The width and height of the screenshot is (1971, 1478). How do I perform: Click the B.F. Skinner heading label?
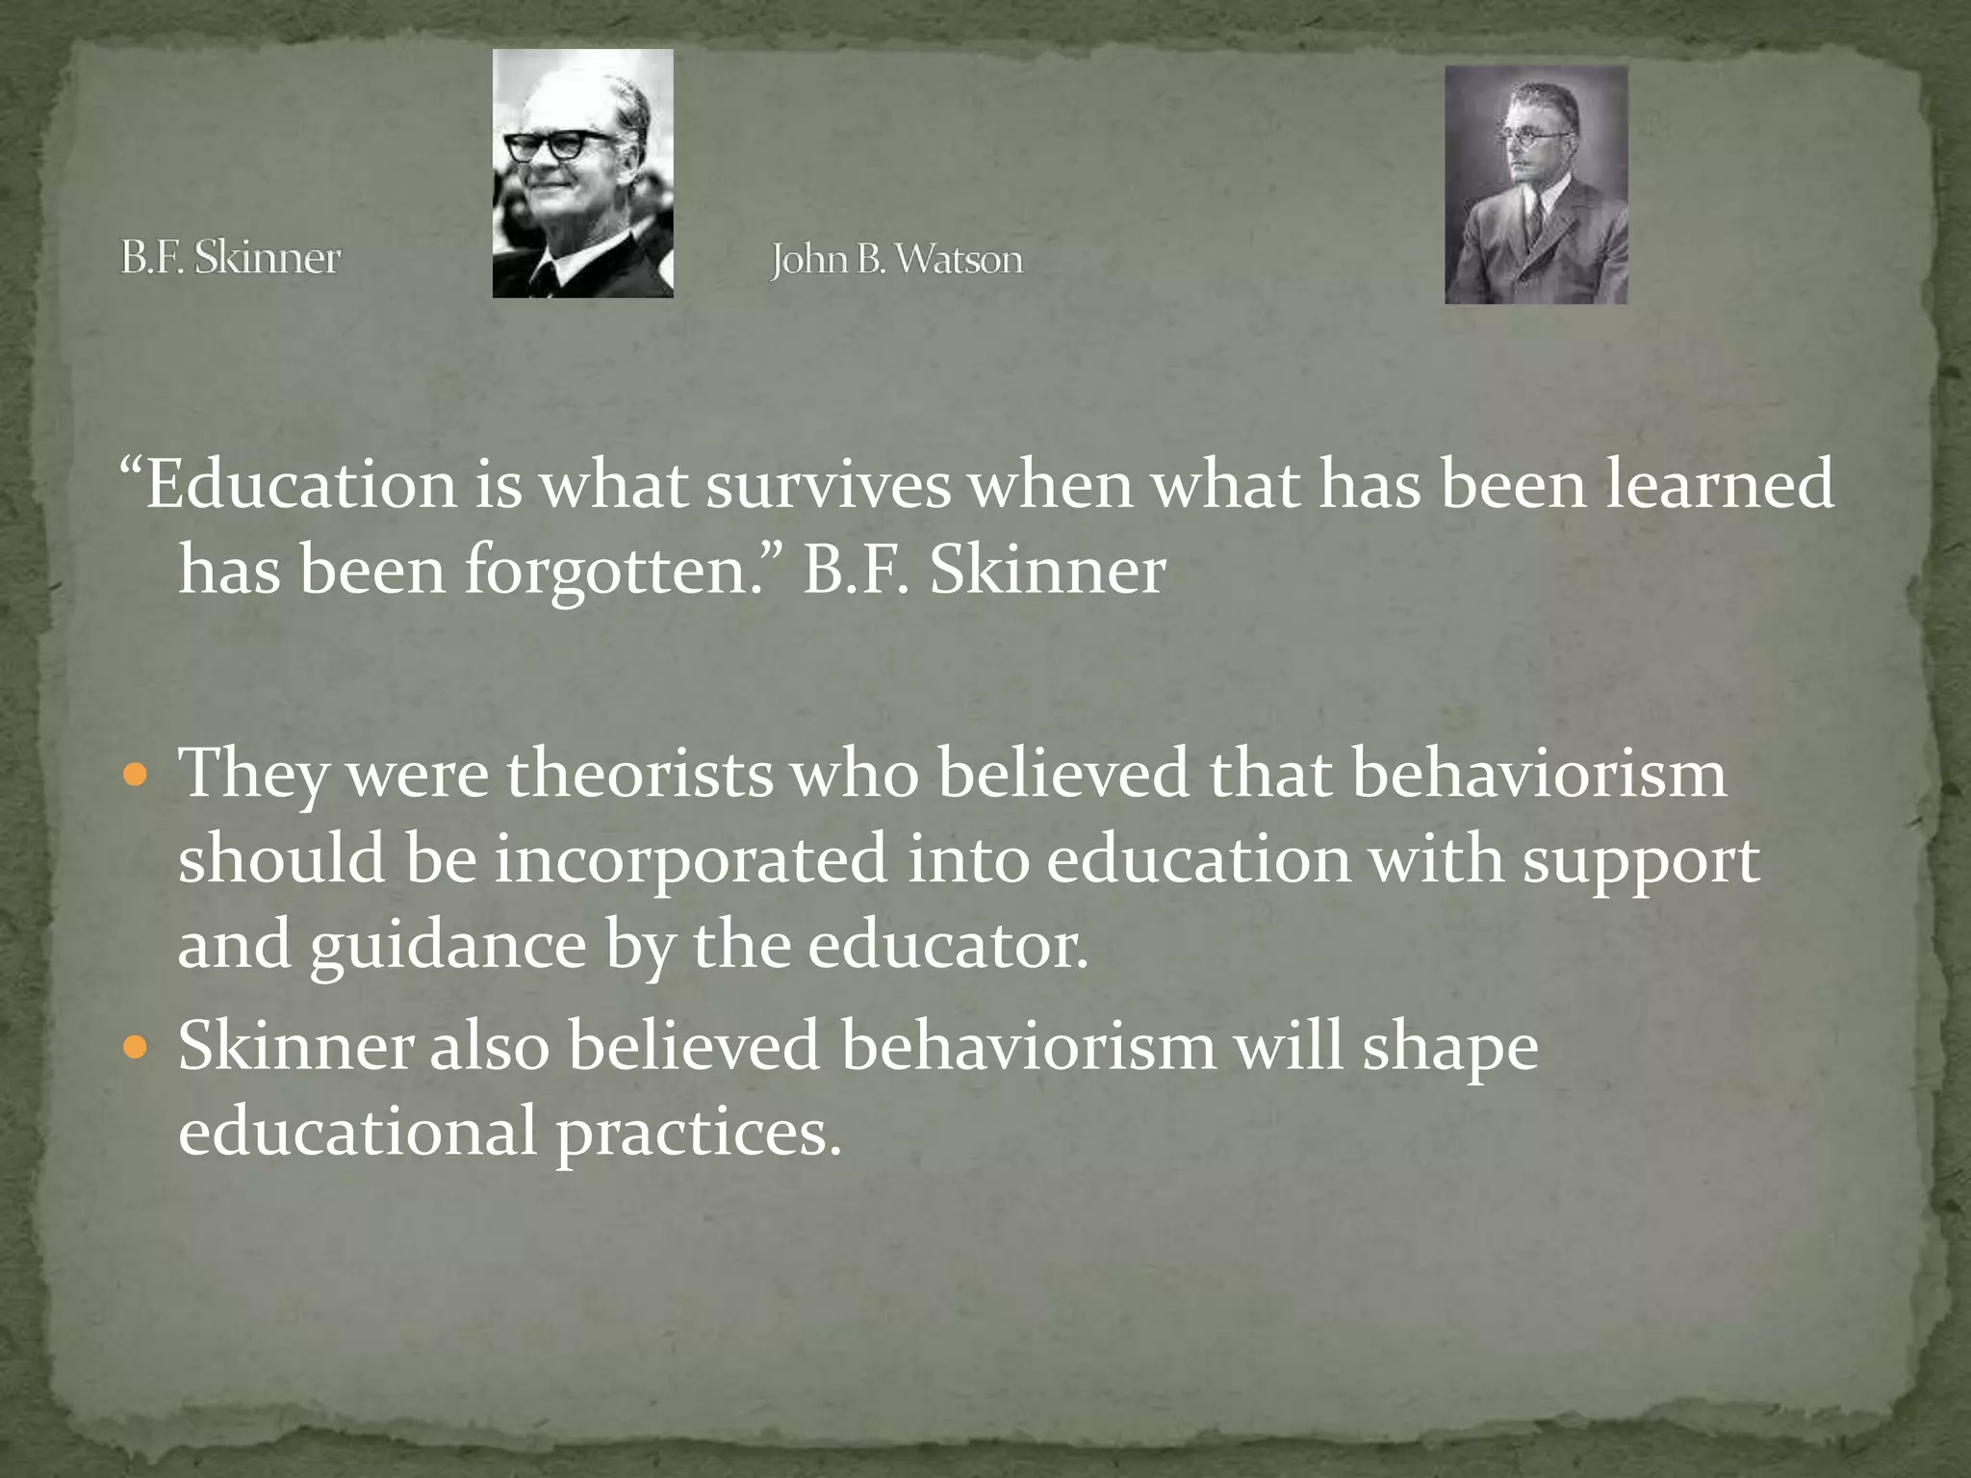pyautogui.click(x=230, y=258)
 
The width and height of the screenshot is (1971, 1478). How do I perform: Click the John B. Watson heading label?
pyautogui.click(x=896, y=259)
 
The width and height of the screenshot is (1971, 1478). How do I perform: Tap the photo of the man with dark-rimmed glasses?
pyautogui.click(x=582, y=173)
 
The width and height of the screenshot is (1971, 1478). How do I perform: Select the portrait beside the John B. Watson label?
pyautogui.click(x=1536, y=185)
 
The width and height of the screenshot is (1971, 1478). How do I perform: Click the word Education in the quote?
pyautogui.click(x=300, y=484)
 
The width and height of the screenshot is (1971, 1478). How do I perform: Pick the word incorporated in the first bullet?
pyautogui.click(x=691, y=859)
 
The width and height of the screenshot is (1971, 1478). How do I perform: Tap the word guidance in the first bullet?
pyautogui.click(x=448, y=946)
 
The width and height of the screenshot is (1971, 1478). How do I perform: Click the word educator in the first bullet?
pyautogui.click(x=947, y=946)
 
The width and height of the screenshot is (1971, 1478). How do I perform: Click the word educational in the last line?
pyautogui.click(x=357, y=1132)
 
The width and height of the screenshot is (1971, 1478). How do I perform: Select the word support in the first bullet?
pyautogui.click(x=1641, y=861)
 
